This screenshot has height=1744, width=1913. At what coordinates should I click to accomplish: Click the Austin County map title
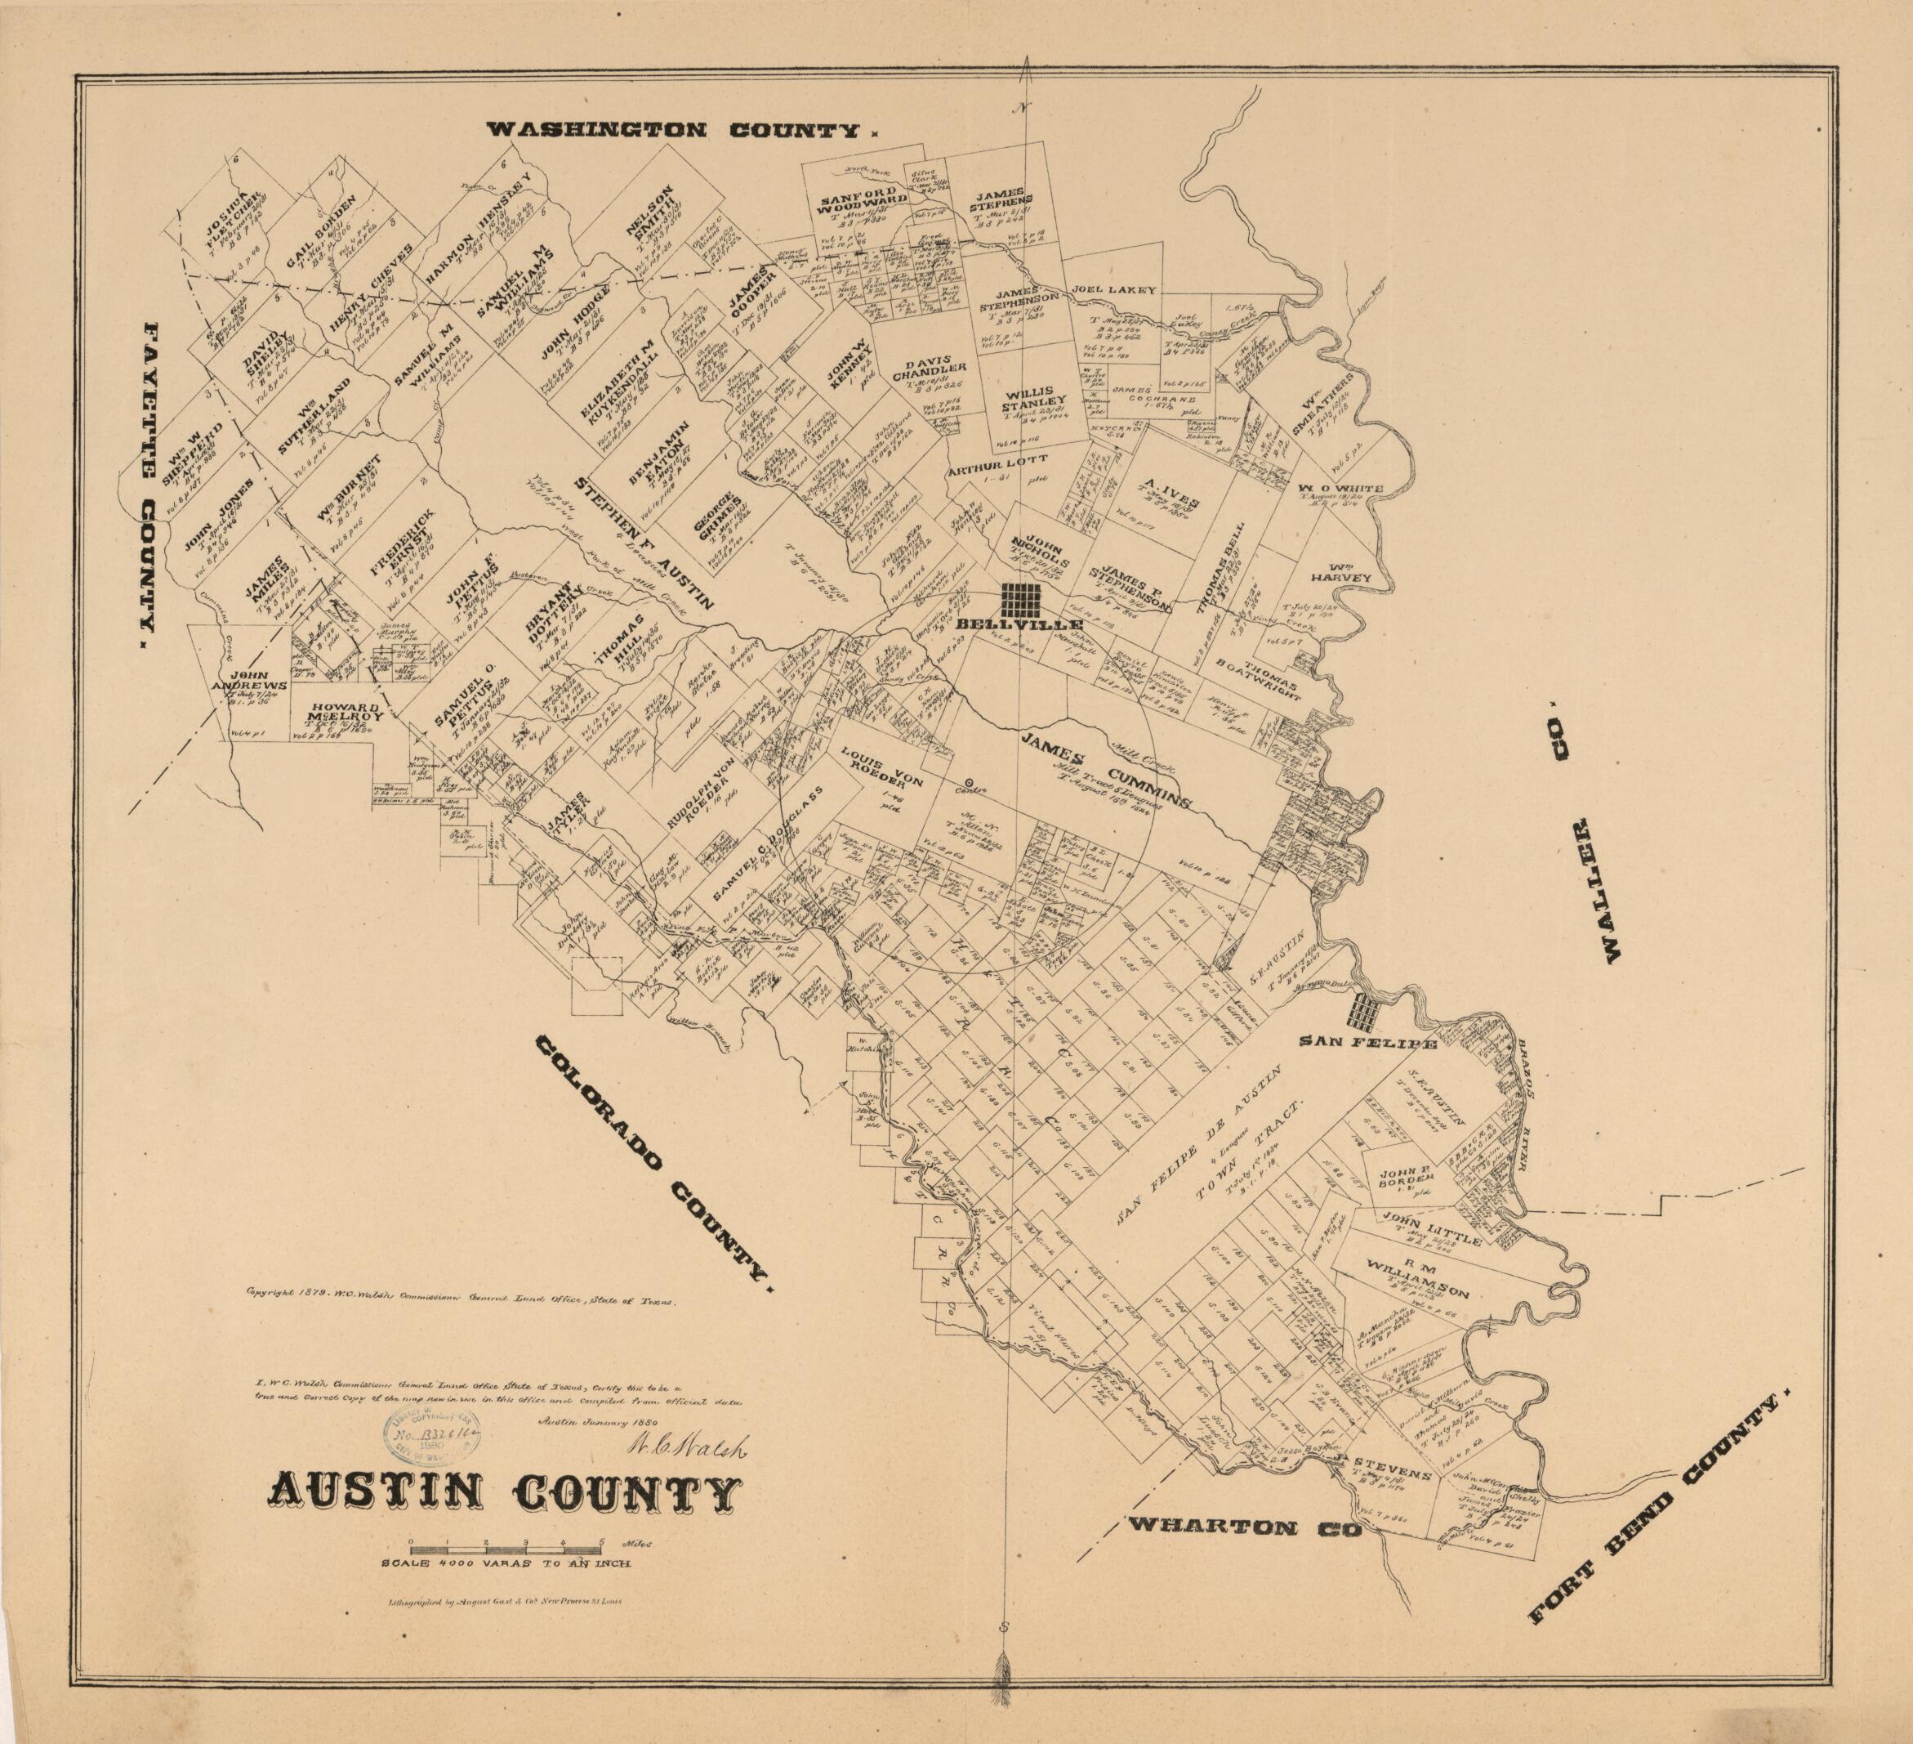tap(506, 1497)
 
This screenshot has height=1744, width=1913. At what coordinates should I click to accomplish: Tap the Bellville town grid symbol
tap(1023, 599)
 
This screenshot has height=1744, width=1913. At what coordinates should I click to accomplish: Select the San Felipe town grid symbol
tap(1367, 1015)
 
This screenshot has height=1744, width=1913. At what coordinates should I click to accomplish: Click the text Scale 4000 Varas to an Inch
tap(506, 1563)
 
